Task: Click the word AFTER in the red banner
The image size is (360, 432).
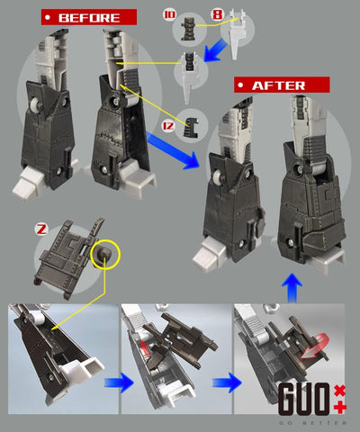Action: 276,85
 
